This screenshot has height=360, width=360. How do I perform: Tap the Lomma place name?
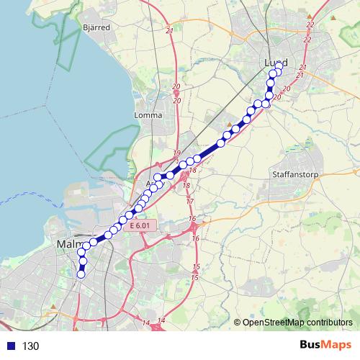147,114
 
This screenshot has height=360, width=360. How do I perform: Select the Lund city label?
275,63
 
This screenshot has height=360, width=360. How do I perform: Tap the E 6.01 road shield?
141,226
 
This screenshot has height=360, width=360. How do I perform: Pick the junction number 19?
176,153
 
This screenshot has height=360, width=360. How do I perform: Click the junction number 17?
190,202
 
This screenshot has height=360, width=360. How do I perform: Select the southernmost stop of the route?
81,274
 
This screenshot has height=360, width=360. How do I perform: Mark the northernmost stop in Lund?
279,66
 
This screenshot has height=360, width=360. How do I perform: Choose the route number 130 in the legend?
30,346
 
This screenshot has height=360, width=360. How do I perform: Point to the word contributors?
328,323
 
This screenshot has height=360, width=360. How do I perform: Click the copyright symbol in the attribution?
237,323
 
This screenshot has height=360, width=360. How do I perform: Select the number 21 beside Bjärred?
169,31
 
